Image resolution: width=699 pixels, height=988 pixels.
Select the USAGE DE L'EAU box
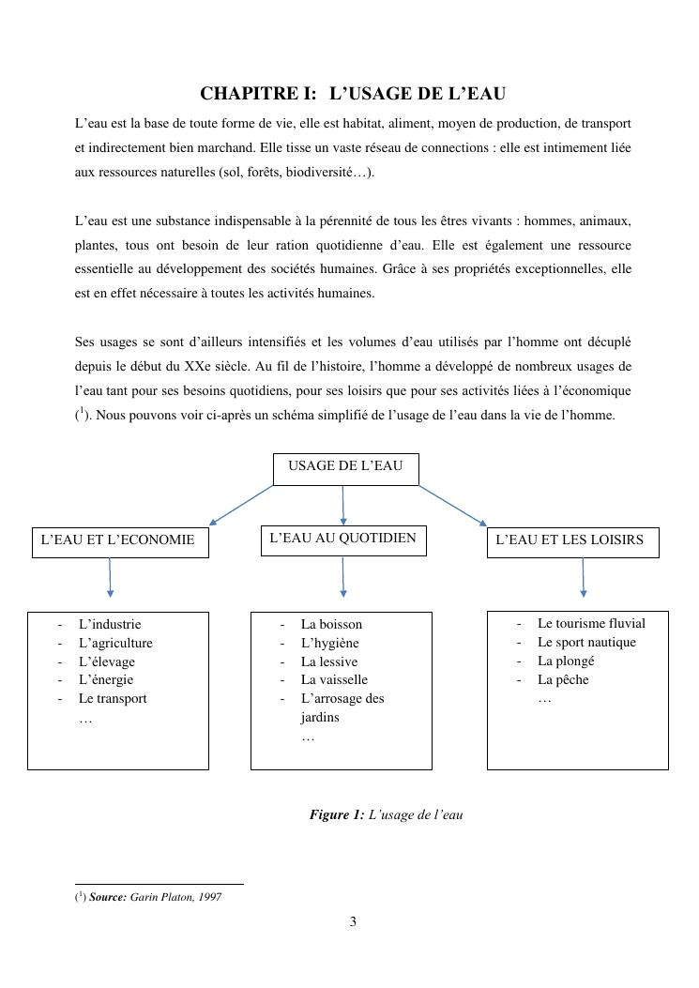click(x=345, y=468)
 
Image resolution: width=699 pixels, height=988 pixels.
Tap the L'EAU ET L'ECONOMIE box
click(x=119, y=540)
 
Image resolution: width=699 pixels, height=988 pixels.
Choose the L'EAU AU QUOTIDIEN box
click(x=342, y=540)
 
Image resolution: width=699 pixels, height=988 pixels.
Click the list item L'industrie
click(x=110, y=624)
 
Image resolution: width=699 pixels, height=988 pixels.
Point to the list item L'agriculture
click(x=115, y=643)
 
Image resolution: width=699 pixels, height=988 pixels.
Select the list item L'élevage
click(x=107, y=661)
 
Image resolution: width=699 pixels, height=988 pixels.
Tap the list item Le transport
click(x=113, y=698)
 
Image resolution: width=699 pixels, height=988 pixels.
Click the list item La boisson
click(x=331, y=624)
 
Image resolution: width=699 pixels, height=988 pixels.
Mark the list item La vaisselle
click(x=334, y=679)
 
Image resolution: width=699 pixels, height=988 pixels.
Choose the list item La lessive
click(x=328, y=661)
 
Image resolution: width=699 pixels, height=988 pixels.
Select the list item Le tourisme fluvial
click(x=591, y=623)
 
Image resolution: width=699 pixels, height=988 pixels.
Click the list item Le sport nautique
click(x=586, y=642)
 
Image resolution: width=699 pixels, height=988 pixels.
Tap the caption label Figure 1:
click(x=337, y=814)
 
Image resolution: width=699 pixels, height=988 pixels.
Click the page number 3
click(x=353, y=921)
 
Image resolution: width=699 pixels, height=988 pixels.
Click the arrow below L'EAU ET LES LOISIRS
click(x=584, y=577)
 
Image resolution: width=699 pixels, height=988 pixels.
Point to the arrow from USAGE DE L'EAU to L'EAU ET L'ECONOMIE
click(x=241, y=505)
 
